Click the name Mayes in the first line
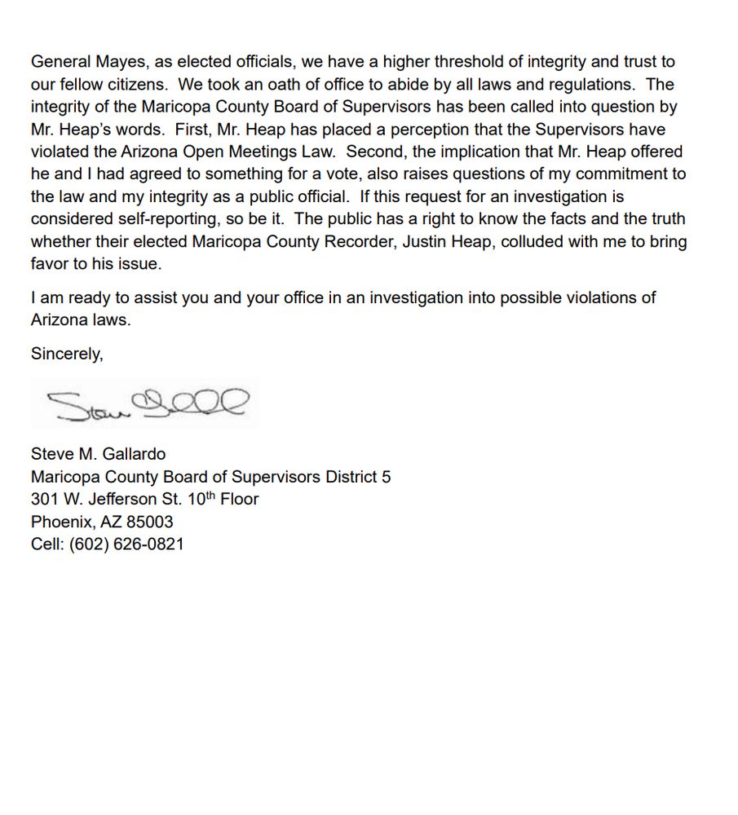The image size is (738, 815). pyautogui.click(x=116, y=61)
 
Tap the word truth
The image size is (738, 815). pyautogui.click(x=666, y=219)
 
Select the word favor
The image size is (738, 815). pyautogui.click(x=51, y=264)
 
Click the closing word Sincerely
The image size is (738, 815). pyautogui.click(x=67, y=354)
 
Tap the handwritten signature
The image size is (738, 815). pyautogui.click(x=147, y=403)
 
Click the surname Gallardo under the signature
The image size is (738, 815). pyautogui.click(x=134, y=454)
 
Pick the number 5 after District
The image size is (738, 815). pyautogui.click(x=386, y=477)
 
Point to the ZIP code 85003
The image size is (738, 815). pyautogui.click(x=149, y=522)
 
